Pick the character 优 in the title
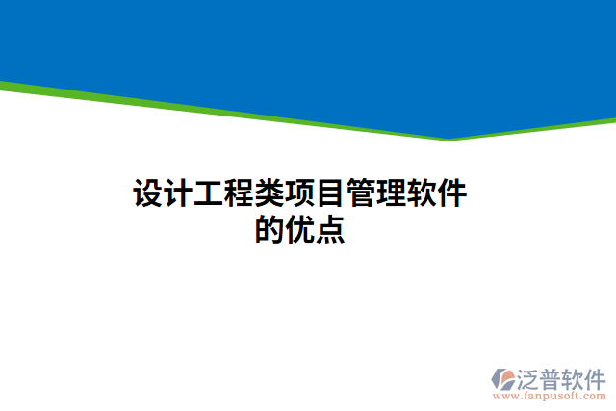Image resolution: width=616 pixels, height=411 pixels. (x=300, y=231)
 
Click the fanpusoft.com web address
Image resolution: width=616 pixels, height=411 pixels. (x=550, y=395)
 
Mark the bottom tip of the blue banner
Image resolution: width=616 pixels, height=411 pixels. (x=449, y=138)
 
